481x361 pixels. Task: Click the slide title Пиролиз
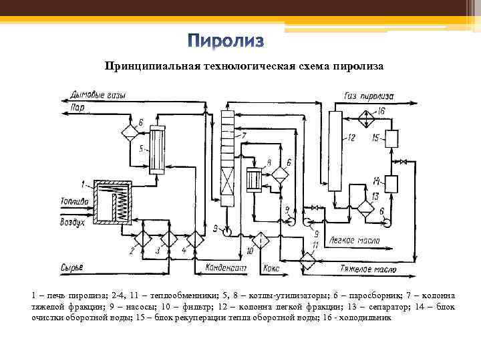tap(225, 41)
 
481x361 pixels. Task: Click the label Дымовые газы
tap(100, 96)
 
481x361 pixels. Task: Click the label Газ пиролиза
tap(369, 96)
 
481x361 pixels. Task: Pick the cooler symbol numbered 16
tap(365, 115)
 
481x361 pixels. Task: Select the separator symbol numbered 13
tap(365, 205)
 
